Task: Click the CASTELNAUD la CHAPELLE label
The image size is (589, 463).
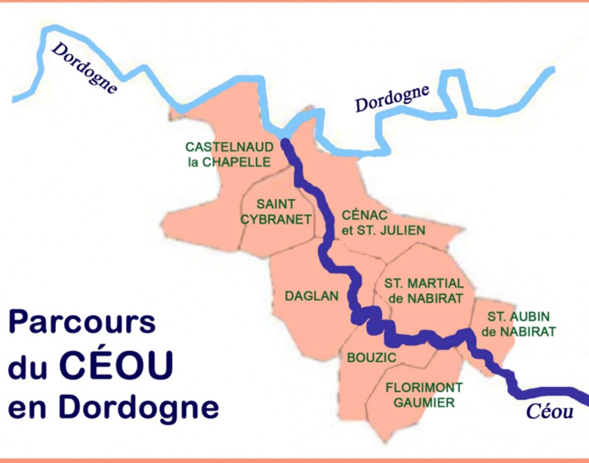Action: click(229, 154)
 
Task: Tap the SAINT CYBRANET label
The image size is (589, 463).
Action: click(276, 212)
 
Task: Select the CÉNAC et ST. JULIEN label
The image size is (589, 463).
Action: click(383, 223)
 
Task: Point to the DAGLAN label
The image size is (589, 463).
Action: click(311, 296)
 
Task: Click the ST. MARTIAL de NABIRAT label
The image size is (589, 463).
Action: click(424, 291)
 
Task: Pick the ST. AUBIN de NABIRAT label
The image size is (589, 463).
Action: click(518, 324)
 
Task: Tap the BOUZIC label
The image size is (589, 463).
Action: click(371, 358)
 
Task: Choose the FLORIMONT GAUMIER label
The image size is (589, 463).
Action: click(424, 395)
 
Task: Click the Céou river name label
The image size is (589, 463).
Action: click(549, 411)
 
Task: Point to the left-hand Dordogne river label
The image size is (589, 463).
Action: click(84, 67)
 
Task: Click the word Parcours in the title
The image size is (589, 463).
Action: click(82, 323)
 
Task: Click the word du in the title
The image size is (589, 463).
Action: click(27, 366)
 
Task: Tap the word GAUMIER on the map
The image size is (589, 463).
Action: click(424, 403)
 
